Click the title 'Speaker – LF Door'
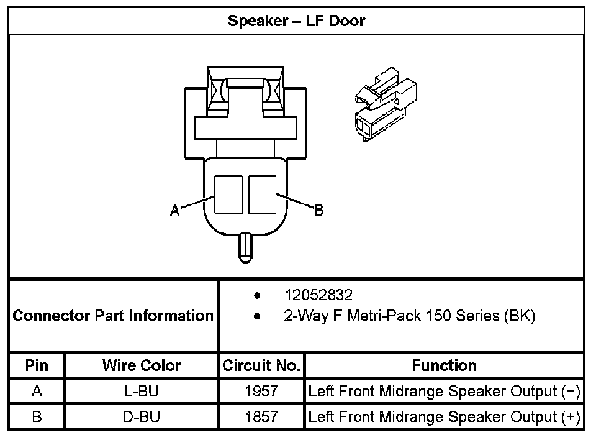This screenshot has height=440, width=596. coord(296,21)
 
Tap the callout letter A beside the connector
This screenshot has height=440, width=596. coord(175,211)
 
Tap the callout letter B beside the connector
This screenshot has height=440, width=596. coord(318,210)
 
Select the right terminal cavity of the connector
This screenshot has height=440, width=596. coord(262,196)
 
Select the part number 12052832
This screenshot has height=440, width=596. coord(318,295)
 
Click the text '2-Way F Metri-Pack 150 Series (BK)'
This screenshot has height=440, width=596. coord(409,316)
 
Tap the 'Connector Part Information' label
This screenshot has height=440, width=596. coord(113,316)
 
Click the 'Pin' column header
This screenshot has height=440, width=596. coord(37,365)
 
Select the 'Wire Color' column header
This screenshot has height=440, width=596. coord(142,365)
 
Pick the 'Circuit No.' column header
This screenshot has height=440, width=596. coord(261,365)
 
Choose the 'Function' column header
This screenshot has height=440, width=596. coord(445,365)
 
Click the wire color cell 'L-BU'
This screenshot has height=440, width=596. coord(142,392)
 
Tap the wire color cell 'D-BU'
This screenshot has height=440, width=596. coord(142,416)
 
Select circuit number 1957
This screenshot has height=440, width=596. coord(261,392)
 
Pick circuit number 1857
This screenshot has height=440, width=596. coord(261,416)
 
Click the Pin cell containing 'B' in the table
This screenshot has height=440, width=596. coord(37,416)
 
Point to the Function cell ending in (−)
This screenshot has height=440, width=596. coord(445,392)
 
